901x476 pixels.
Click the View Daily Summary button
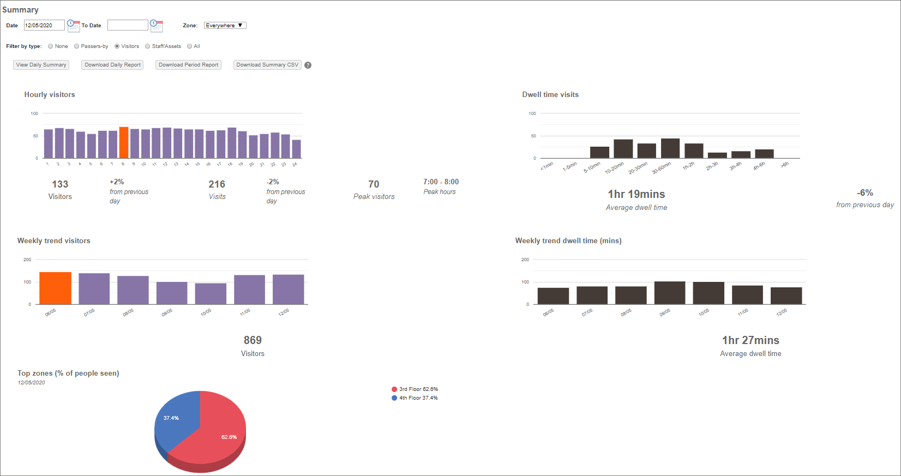(41, 65)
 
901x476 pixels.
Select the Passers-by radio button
(77, 46)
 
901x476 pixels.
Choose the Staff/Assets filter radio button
(148, 46)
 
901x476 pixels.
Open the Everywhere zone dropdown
(225, 26)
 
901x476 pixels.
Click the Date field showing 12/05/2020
(44, 26)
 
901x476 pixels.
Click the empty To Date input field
(128, 26)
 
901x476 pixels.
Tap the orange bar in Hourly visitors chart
(124, 143)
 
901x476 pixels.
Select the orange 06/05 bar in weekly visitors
(55, 288)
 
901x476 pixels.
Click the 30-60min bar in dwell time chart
(670, 148)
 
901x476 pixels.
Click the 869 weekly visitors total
(253, 340)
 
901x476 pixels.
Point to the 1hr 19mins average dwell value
(636, 194)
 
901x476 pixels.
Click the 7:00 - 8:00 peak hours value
(441, 182)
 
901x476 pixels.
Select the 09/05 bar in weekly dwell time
(670, 293)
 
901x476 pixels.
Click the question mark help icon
(308, 65)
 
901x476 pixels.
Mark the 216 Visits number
(217, 184)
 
